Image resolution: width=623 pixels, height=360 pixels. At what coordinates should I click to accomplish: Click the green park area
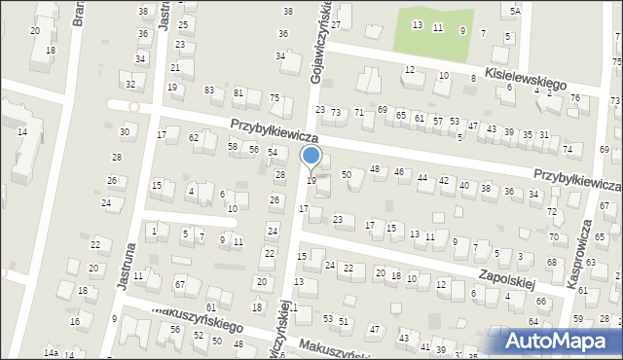(433, 34)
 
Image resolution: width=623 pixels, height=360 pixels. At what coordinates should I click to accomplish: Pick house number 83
(209, 90)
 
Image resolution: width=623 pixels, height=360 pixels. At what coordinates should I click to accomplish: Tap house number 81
(238, 93)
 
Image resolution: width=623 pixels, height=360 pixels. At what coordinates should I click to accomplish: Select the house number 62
(194, 138)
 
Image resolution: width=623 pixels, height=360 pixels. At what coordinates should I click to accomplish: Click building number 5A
(515, 10)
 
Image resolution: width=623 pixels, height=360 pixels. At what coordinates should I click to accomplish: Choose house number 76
(574, 98)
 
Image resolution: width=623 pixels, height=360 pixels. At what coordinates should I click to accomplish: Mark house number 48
(375, 170)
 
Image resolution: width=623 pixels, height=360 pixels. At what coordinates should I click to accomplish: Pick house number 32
(129, 85)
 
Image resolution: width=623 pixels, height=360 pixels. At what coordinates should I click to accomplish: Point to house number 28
(116, 157)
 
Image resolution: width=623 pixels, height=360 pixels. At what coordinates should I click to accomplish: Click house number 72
(552, 211)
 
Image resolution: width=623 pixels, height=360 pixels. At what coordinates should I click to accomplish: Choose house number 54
(273, 153)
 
